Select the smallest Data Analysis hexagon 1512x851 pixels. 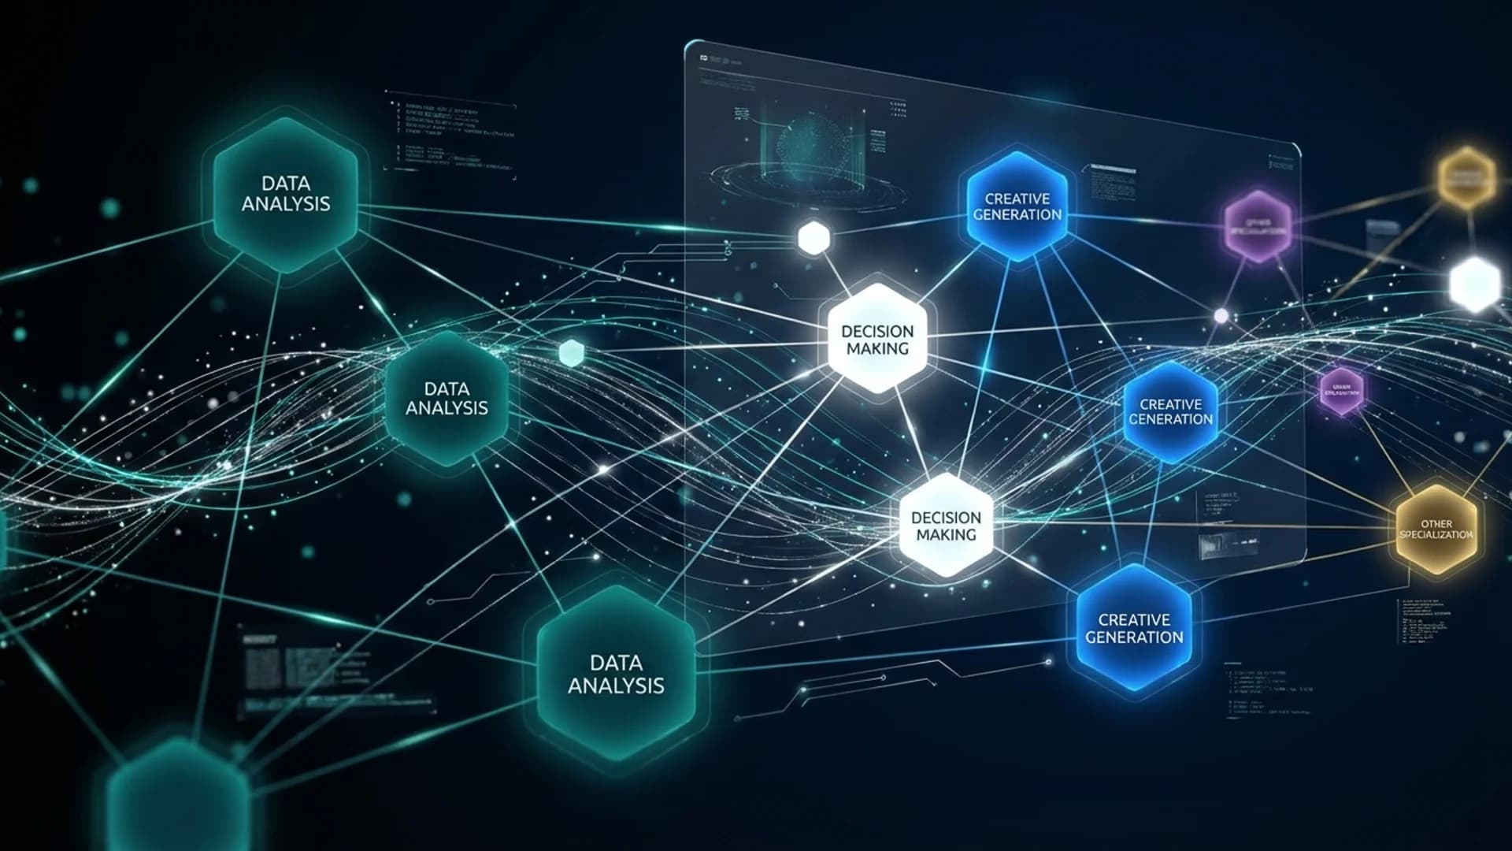pos(447,399)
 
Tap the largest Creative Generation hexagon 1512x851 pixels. pos(1134,628)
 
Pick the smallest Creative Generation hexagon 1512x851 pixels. pos(1170,411)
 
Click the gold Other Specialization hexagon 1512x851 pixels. pos(1436,529)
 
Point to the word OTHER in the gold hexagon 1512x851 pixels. pos(1436,523)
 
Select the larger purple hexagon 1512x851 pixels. pos(1258,226)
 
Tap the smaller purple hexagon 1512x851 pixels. pos(1341,391)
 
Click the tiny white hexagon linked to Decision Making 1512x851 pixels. pos(813,237)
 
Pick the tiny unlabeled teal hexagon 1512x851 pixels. pos(571,352)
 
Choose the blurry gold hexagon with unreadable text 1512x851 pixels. pos(1466,177)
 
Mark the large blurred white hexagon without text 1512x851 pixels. pos(1475,284)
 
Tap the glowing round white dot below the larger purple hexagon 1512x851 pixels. pos(1221,316)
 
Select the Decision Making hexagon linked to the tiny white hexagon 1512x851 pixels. pos(877,340)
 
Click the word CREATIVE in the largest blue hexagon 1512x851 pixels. pos(1134,619)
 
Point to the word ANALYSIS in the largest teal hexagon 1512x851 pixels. pos(616,686)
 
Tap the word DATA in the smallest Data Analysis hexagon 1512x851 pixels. pos(447,388)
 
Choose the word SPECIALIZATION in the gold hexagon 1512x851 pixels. pos(1436,535)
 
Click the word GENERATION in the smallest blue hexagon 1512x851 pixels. pos(1170,419)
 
